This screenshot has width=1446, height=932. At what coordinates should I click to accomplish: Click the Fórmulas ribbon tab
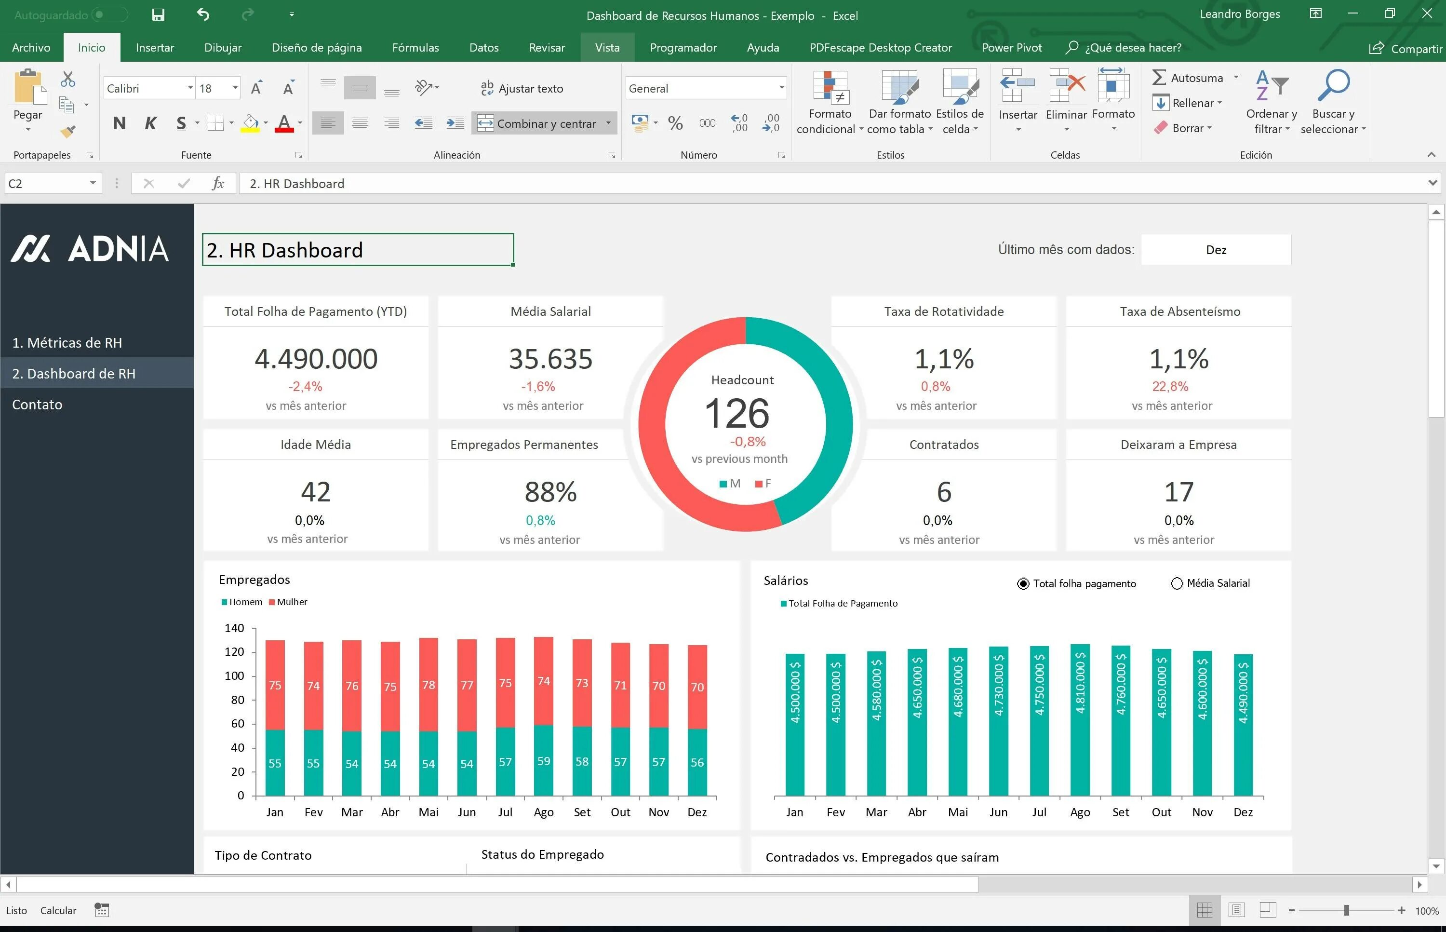(x=415, y=47)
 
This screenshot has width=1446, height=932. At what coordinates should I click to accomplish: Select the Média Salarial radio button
(x=1177, y=583)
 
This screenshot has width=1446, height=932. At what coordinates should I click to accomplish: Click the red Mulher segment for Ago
(x=543, y=680)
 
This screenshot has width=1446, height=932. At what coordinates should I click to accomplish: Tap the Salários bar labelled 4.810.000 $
(x=1080, y=720)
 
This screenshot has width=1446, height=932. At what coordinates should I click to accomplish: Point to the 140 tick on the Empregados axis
(x=234, y=628)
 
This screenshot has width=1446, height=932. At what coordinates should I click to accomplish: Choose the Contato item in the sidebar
(x=37, y=404)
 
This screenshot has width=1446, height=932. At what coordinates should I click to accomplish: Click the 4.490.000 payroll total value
(x=316, y=359)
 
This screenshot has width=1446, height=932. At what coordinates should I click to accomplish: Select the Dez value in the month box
(x=1216, y=250)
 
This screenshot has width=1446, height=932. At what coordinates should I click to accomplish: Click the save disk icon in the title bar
(x=159, y=15)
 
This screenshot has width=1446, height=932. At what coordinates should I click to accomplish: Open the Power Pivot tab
(x=1012, y=47)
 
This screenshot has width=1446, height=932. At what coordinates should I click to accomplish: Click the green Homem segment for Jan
(x=275, y=763)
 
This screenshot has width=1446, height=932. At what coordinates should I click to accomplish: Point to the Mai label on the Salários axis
(x=958, y=812)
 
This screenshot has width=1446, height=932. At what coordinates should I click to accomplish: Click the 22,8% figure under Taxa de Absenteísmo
(x=1169, y=386)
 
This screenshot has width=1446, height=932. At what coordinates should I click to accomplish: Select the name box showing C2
(x=45, y=183)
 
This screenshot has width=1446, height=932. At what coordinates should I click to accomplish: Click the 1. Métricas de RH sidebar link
(x=67, y=342)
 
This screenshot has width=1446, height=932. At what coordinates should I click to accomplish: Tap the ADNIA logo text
(x=118, y=249)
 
